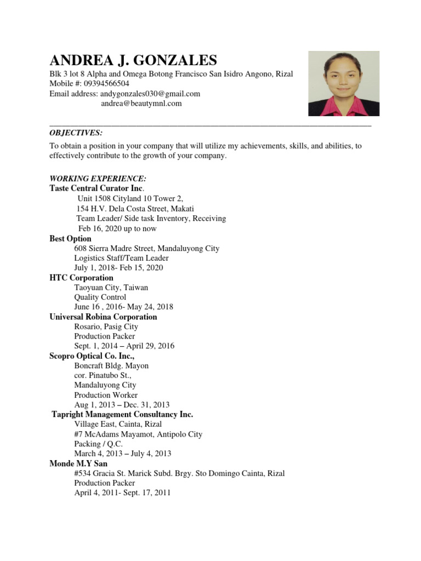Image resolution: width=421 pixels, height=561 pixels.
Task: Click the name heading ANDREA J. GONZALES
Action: (133, 60)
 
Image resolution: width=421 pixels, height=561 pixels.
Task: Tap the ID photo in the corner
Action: (344, 84)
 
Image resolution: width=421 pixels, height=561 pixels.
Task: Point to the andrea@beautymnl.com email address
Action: (141, 103)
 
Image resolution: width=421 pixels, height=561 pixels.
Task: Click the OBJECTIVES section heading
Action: (76, 133)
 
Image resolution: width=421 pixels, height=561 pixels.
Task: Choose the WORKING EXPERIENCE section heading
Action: (98, 179)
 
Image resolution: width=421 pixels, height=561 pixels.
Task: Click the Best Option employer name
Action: (71, 239)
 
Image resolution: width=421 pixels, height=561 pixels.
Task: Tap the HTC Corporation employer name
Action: (82, 278)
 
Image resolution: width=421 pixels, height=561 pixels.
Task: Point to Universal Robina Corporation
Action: (103, 317)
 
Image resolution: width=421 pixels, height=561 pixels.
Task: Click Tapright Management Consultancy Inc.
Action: (122, 415)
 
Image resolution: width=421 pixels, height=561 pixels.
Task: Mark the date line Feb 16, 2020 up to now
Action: (117, 228)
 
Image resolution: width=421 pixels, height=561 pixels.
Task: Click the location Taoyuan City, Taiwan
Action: (111, 287)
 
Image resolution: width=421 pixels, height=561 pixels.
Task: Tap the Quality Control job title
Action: (100, 297)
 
